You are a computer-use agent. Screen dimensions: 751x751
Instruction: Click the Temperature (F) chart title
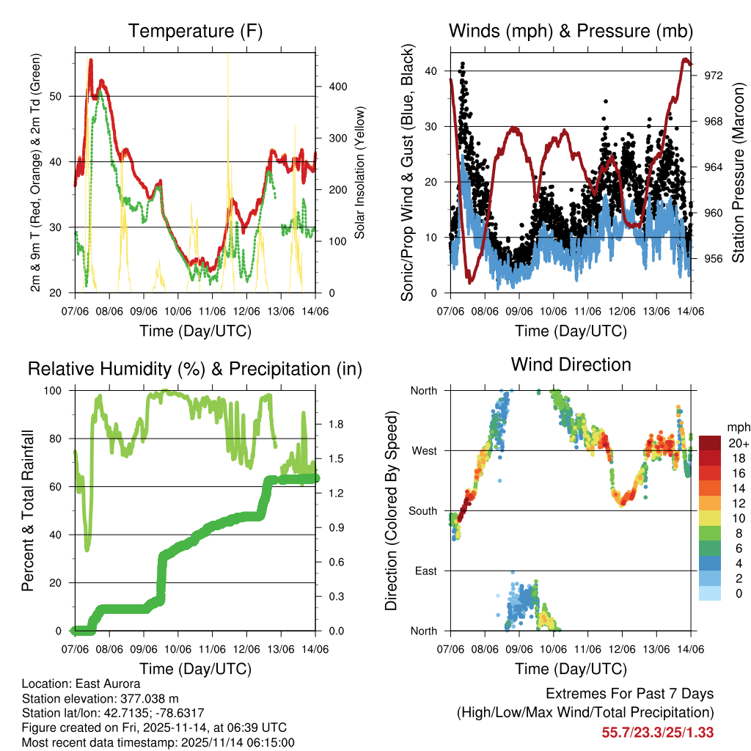195,31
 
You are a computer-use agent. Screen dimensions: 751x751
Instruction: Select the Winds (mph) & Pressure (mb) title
571,31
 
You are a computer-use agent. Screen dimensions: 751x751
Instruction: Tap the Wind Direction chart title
571,364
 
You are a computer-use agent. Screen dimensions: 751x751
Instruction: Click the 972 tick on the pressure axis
714,76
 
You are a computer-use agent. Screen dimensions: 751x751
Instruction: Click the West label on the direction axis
423,450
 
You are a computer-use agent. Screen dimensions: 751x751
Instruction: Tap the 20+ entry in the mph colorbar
738,443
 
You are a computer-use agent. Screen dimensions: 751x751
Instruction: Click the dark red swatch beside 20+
710,443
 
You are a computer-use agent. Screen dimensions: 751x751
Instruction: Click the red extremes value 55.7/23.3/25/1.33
658,732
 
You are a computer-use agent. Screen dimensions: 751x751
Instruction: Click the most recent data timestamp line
158,742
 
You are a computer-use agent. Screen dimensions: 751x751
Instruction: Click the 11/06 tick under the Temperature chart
213,310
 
